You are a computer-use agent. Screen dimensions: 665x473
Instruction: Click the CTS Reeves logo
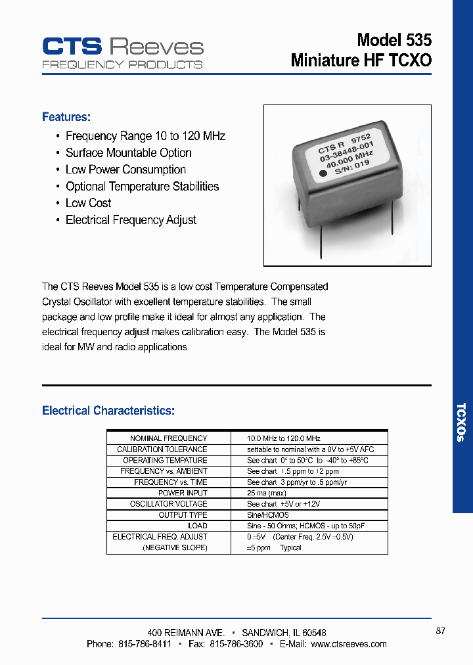tap(123, 52)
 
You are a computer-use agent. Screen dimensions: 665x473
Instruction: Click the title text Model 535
tap(394, 40)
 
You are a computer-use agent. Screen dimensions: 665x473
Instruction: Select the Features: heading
tap(66, 117)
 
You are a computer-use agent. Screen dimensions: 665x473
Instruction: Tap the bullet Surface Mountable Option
tap(128, 153)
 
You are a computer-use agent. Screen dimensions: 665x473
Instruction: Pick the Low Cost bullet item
tap(88, 203)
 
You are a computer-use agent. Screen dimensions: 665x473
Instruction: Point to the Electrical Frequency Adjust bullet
tap(131, 220)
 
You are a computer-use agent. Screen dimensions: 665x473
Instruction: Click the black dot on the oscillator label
tap(323, 174)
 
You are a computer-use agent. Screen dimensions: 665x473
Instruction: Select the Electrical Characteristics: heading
tap(108, 411)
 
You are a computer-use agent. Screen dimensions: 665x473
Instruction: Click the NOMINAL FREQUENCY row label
tap(168, 438)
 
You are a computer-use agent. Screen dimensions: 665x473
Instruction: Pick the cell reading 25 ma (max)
tap(267, 493)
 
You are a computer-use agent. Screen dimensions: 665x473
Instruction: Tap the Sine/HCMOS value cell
tap(268, 515)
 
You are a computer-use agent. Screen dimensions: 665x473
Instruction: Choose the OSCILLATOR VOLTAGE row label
tap(168, 504)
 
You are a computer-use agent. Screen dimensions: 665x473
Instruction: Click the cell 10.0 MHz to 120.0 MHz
tap(284, 438)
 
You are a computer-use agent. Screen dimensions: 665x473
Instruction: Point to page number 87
tap(440, 631)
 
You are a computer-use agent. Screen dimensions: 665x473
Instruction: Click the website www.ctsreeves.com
tap(349, 644)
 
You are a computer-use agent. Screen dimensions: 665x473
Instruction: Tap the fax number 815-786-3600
tap(236, 644)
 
